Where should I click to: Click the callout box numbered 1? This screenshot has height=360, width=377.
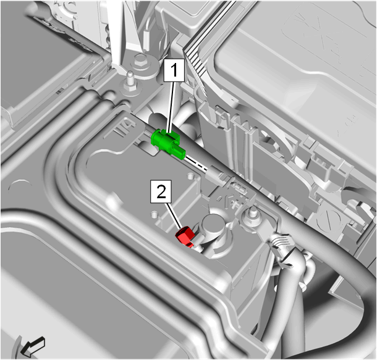pyautogui.click(x=174, y=70)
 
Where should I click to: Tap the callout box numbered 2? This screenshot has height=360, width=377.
pyautogui.click(x=161, y=191)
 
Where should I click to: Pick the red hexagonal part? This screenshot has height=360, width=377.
pyautogui.click(x=185, y=237)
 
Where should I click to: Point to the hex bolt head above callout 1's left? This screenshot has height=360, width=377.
pyautogui.click(x=140, y=60)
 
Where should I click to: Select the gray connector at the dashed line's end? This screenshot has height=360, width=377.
pyautogui.click(x=216, y=175)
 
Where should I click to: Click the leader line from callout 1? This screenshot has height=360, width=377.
pyautogui.click(x=172, y=107)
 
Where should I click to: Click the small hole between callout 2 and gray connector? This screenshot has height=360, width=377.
pyautogui.click(x=190, y=175)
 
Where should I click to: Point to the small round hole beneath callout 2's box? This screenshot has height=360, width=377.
pyautogui.click(x=155, y=214)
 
